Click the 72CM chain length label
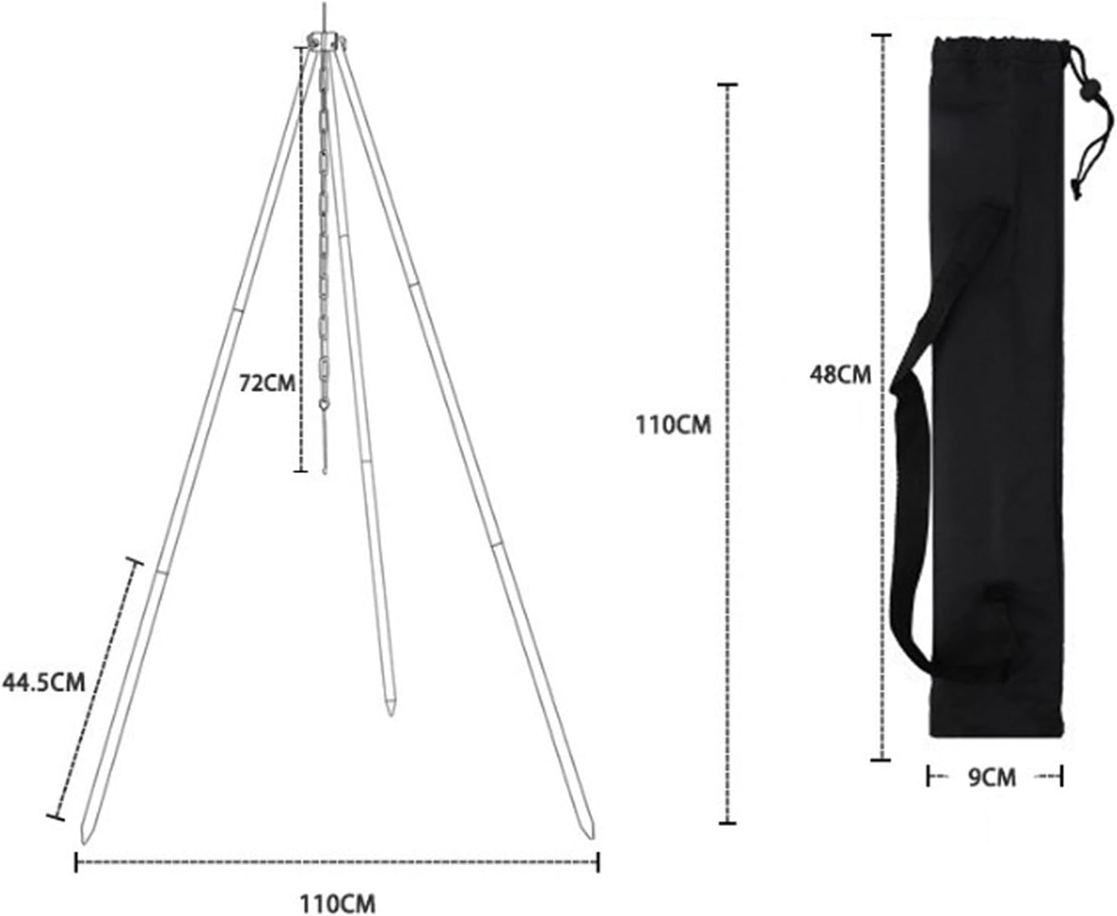[x=266, y=382]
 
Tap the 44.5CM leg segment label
[x=43, y=682]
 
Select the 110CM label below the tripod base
[x=336, y=904]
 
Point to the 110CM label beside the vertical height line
[x=673, y=424]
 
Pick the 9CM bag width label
[x=992, y=778]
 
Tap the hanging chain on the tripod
[x=324, y=229]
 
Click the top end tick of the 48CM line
[x=882, y=36]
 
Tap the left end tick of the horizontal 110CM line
[x=76, y=863]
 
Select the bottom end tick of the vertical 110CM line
[x=728, y=823]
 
